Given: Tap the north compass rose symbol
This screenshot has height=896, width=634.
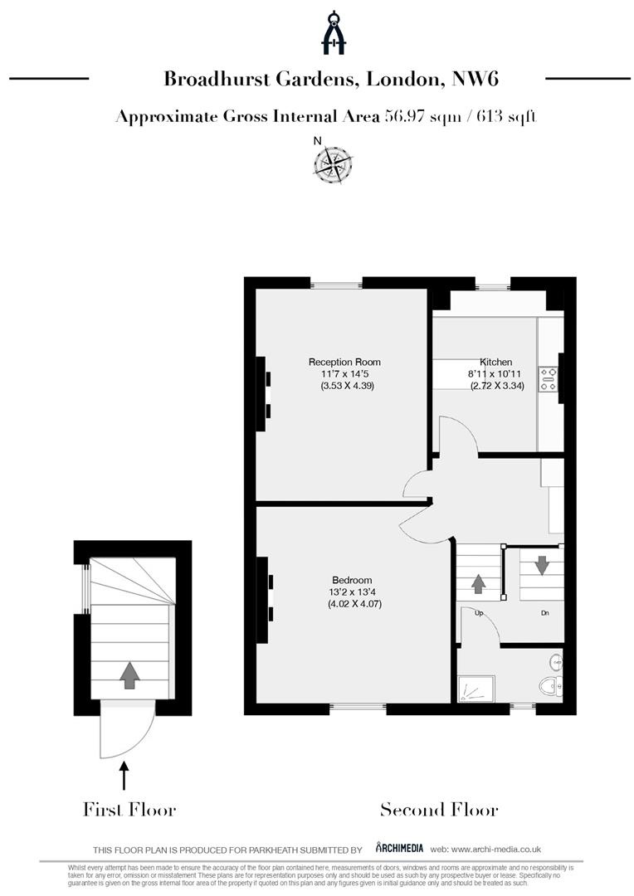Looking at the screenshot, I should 333,163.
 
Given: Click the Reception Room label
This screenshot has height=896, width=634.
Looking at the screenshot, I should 344,362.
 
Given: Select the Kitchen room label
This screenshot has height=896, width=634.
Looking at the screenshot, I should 495,363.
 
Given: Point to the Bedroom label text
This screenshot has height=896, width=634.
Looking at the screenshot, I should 352,580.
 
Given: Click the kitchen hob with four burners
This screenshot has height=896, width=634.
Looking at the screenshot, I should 549,379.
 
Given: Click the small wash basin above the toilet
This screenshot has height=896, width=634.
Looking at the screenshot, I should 557,662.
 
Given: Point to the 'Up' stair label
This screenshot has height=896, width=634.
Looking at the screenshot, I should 480,613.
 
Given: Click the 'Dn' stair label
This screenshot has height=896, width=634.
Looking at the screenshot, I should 544,613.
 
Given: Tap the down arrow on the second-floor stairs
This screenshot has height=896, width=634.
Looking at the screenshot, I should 542,565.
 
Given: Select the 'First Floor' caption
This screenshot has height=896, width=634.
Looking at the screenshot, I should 129,810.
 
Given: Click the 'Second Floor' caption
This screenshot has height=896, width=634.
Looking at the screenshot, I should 439,810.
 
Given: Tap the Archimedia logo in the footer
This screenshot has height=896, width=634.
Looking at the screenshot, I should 400,848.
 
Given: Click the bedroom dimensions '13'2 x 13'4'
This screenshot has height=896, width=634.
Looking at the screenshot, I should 352,592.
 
